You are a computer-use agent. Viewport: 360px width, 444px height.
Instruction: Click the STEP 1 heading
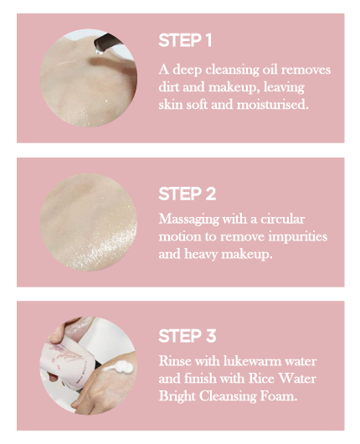185,40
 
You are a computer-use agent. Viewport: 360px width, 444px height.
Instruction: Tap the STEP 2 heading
187,194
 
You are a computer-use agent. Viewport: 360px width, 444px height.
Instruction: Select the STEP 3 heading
187,336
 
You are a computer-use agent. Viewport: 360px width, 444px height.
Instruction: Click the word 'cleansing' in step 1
232,70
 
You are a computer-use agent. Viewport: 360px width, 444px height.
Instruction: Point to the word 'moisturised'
273,104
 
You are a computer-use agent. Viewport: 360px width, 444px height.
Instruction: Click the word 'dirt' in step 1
169,87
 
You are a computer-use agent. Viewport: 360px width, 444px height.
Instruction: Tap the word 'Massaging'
188,219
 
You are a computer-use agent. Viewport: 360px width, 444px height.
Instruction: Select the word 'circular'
283,219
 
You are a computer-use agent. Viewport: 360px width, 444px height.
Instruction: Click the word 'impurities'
298,237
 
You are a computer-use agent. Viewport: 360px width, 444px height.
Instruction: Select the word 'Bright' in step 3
177,396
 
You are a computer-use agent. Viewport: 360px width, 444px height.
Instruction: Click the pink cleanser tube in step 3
68,361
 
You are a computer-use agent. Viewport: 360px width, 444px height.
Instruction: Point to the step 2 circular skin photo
89,222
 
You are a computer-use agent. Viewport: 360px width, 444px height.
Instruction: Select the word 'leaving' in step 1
284,87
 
